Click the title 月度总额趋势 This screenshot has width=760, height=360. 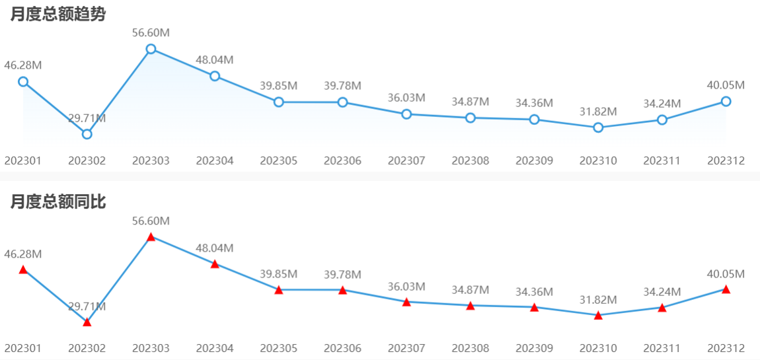click(58, 15)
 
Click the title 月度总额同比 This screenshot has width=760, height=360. click(58, 203)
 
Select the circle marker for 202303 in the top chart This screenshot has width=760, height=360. click(151, 49)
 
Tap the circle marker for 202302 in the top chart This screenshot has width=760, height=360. click(87, 134)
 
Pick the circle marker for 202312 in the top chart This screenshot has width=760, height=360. click(726, 101)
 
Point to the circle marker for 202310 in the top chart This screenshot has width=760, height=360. click(598, 127)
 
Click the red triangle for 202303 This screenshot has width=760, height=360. click(151, 237)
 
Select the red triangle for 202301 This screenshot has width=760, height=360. click(23, 270)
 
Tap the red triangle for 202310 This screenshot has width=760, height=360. click(598, 316)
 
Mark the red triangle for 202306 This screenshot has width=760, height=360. click(342, 290)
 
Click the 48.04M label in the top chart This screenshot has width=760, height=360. click(215, 59)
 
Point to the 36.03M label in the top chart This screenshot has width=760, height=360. click(406, 98)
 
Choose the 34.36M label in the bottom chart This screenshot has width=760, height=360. click(534, 291)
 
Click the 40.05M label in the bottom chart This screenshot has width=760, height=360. click(726, 273)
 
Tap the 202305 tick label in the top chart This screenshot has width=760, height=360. click(279, 161)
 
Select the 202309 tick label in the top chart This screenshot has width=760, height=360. click(534, 161)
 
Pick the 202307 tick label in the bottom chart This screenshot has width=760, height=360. click(406, 348)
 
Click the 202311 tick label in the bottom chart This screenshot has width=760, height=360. click(662, 348)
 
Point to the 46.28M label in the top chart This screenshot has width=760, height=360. click(23, 65)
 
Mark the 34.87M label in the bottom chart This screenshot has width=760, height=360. click(471, 290)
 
